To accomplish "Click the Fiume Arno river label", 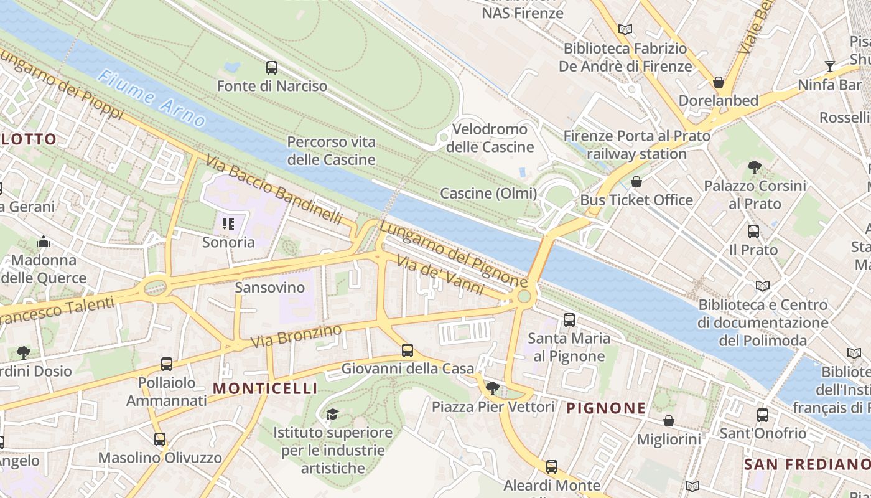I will [152, 99].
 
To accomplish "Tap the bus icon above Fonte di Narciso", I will [272, 68].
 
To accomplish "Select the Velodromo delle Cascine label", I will [490, 138].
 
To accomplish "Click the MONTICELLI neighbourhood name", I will [265, 388].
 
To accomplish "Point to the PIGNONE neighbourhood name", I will [606, 408].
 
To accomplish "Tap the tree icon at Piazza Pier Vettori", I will [492, 388].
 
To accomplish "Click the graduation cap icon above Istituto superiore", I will [332, 414].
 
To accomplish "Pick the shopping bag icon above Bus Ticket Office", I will [636, 182].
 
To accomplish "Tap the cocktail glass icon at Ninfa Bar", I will [829, 66].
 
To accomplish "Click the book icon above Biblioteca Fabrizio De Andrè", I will [625, 29].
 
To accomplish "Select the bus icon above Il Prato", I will [753, 232].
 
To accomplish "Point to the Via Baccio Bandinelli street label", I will [274, 190].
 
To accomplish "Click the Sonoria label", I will [228, 242].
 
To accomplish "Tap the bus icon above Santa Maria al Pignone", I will [569, 320].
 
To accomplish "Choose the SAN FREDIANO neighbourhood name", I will [807, 464].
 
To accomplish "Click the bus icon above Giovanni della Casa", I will [408, 350].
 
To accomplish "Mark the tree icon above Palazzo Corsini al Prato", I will [755, 167].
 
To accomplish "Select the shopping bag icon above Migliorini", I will [669, 421].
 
